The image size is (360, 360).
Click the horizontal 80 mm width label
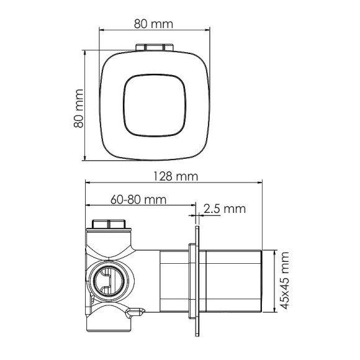tap(153, 24)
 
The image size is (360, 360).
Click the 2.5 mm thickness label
tap(225, 209)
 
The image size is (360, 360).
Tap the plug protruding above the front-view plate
tap(153, 47)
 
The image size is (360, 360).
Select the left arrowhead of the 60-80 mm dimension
tap(87, 205)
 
